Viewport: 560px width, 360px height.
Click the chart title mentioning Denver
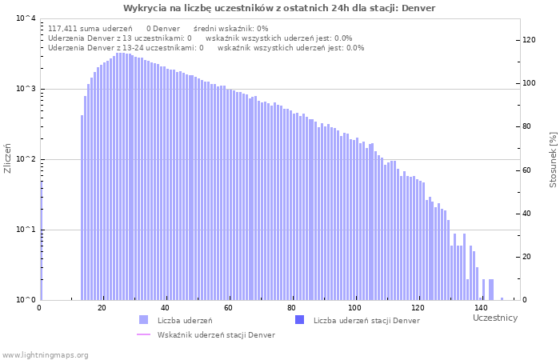point(279,8)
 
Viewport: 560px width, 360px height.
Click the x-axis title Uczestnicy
point(495,318)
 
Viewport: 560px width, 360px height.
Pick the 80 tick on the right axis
point(527,126)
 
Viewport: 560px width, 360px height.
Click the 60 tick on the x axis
point(228,307)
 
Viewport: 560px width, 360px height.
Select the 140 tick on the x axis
point(480,307)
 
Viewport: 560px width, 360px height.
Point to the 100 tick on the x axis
point(354,307)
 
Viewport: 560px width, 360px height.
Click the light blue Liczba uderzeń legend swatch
point(144,320)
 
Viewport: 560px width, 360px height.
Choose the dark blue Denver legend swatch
point(300,320)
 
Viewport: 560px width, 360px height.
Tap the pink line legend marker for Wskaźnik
point(144,334)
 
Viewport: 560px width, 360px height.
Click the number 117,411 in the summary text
point(63,28)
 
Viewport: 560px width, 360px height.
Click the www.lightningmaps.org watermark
point(45,354)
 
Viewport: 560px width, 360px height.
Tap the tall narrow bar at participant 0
point(41,240)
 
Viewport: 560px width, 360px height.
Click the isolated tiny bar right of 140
point(502,298)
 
